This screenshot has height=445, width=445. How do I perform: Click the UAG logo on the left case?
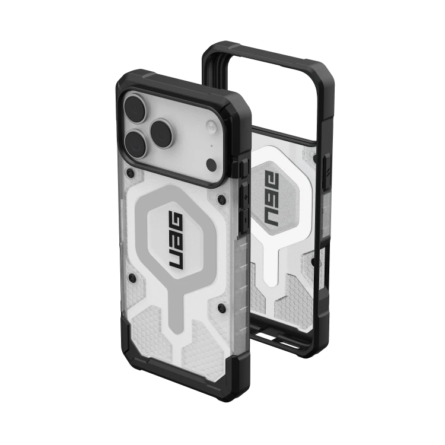pos(176,240)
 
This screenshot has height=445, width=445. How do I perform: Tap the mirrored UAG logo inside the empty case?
pos(272,198)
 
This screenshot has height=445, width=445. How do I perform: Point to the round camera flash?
pos(212,126)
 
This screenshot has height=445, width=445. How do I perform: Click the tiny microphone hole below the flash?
pos(212,146)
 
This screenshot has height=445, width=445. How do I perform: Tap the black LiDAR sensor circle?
pos(212,164)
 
